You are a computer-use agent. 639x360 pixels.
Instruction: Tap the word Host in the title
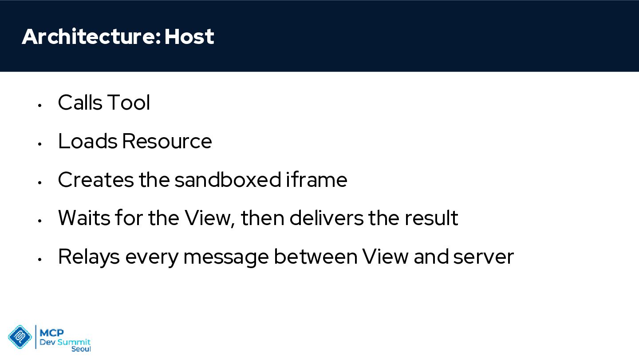(189, 36)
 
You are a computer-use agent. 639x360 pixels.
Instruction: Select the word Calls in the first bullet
(80, 102)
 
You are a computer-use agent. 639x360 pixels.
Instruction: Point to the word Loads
(87, 141)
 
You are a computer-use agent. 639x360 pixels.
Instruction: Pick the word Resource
(167, 141)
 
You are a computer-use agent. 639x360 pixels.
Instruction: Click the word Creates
(96, 179)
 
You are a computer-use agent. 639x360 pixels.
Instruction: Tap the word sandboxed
(228, 179)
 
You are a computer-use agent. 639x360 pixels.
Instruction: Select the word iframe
(317, 179)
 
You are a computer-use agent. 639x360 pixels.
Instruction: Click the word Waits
(84, 218)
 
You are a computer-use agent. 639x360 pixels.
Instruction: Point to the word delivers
(326, 218)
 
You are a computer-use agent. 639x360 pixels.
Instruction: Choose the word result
(431, 218)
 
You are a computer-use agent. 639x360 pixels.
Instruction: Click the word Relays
(89, 257)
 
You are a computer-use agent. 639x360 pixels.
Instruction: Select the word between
(316, 257)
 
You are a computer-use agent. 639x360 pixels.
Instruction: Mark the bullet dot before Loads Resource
(39, 144)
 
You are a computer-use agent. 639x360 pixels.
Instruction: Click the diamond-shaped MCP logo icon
(20, 337)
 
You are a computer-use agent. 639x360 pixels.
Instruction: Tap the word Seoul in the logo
(81, 349)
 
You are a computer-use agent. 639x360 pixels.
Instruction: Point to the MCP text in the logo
(51, 333)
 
